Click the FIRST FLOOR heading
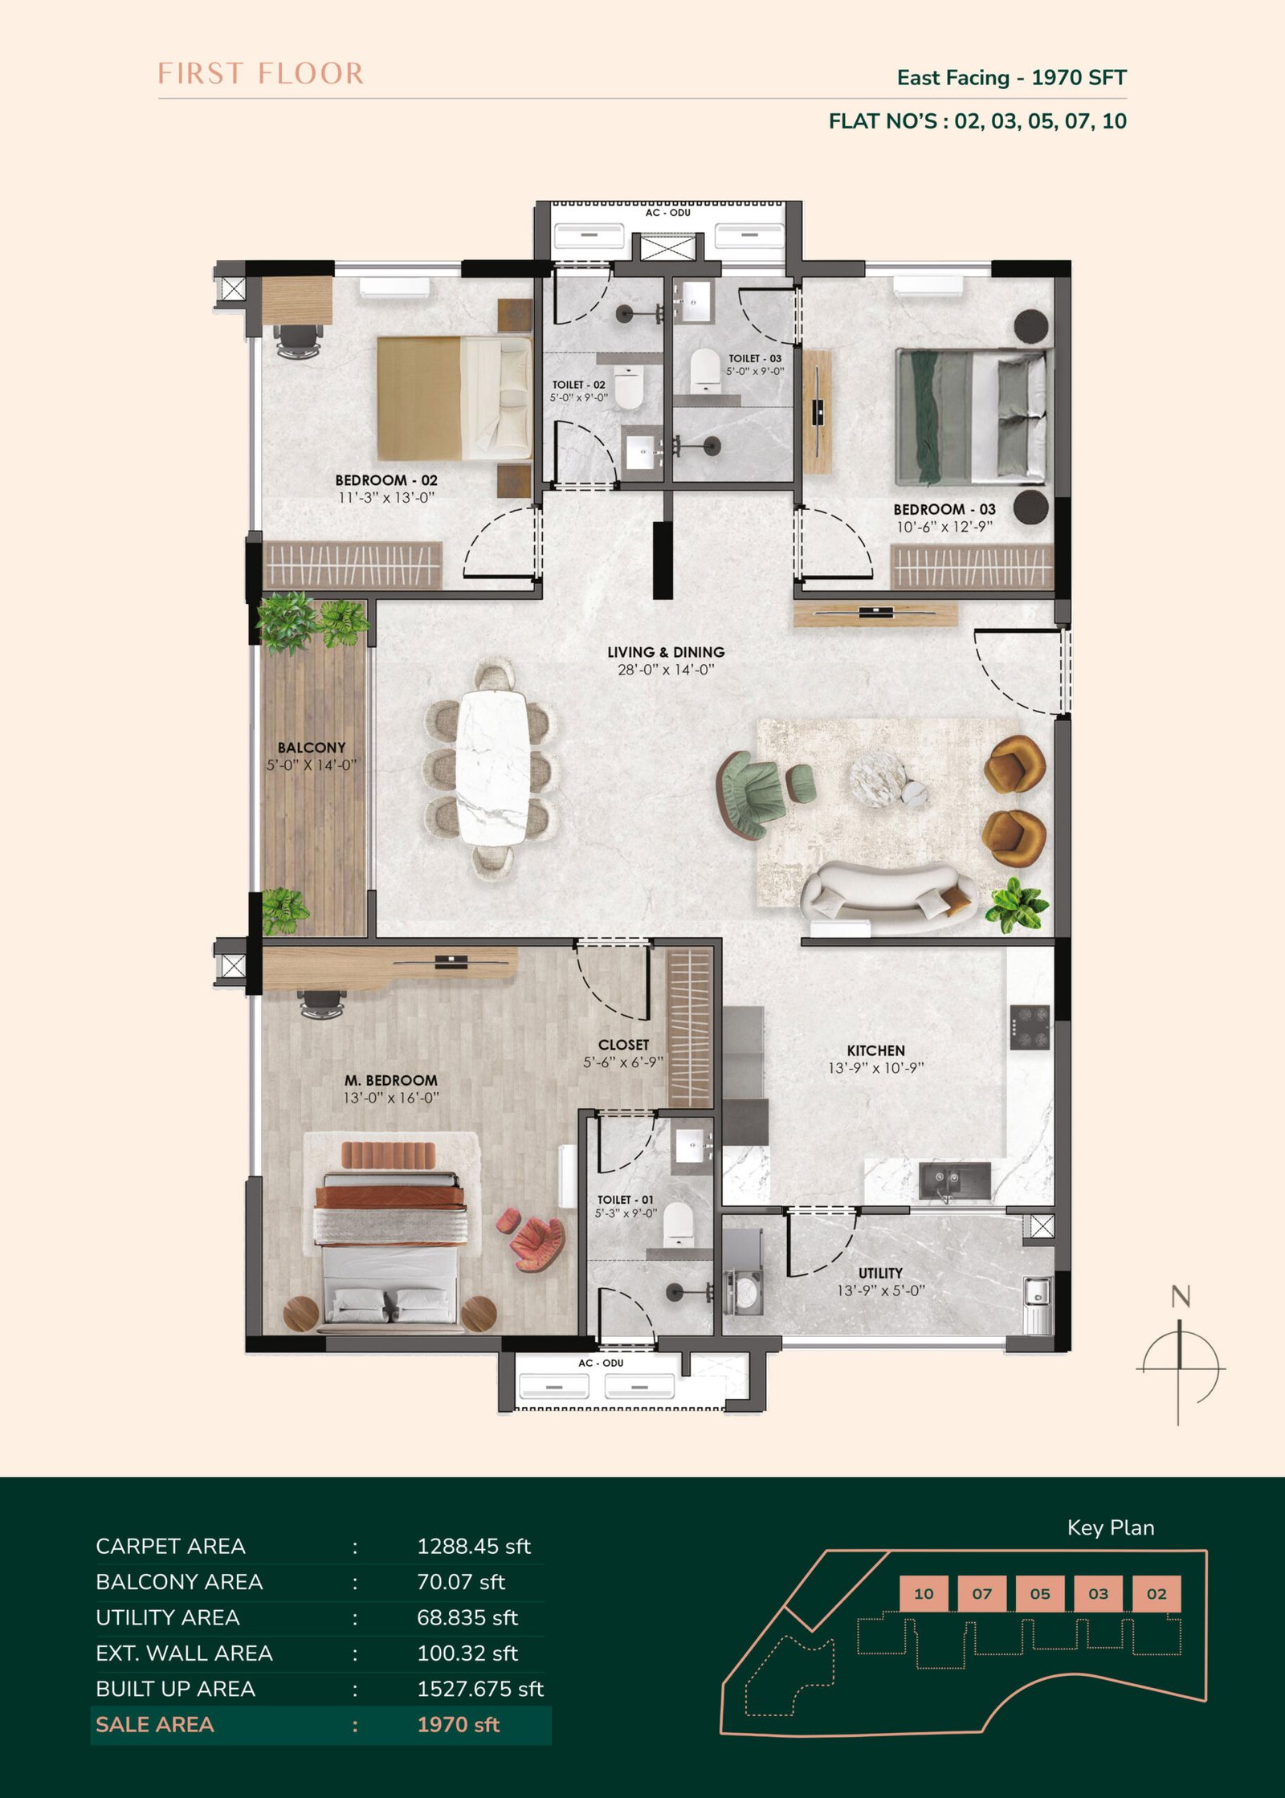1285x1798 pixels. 260,73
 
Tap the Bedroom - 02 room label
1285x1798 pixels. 386,480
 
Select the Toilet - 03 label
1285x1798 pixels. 755,358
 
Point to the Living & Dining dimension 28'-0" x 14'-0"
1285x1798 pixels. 666,670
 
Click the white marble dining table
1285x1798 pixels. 492,767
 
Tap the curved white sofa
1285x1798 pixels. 889,898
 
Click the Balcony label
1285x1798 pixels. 312,748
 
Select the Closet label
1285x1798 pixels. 623,1045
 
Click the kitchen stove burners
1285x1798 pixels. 1030,1027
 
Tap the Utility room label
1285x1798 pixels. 880,1273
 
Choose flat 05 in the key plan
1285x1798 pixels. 1040,1594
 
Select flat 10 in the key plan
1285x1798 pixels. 924,1594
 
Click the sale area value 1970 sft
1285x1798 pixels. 459,1724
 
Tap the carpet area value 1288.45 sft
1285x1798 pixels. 474,1546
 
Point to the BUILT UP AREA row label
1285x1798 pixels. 175,1689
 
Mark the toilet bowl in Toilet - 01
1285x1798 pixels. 677,1221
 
